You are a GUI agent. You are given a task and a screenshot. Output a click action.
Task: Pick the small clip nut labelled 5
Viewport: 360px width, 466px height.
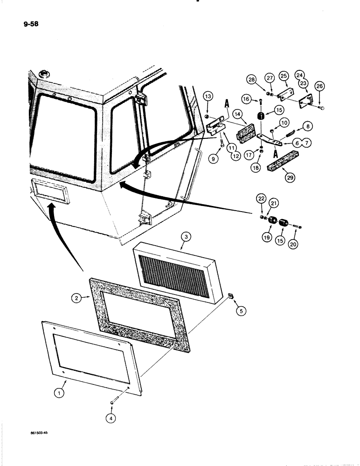pos(230,295)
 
